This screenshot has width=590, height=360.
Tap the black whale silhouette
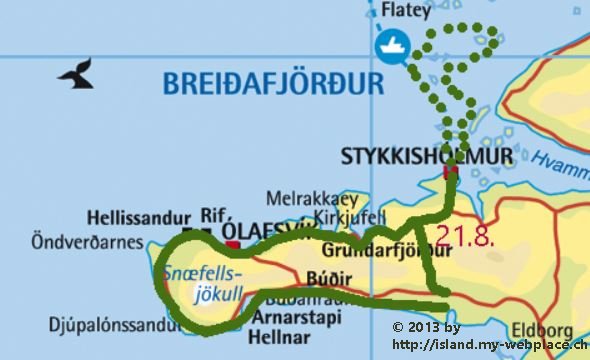click(x=76, y=73)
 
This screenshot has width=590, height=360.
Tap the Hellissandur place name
click(x=135, y=215)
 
